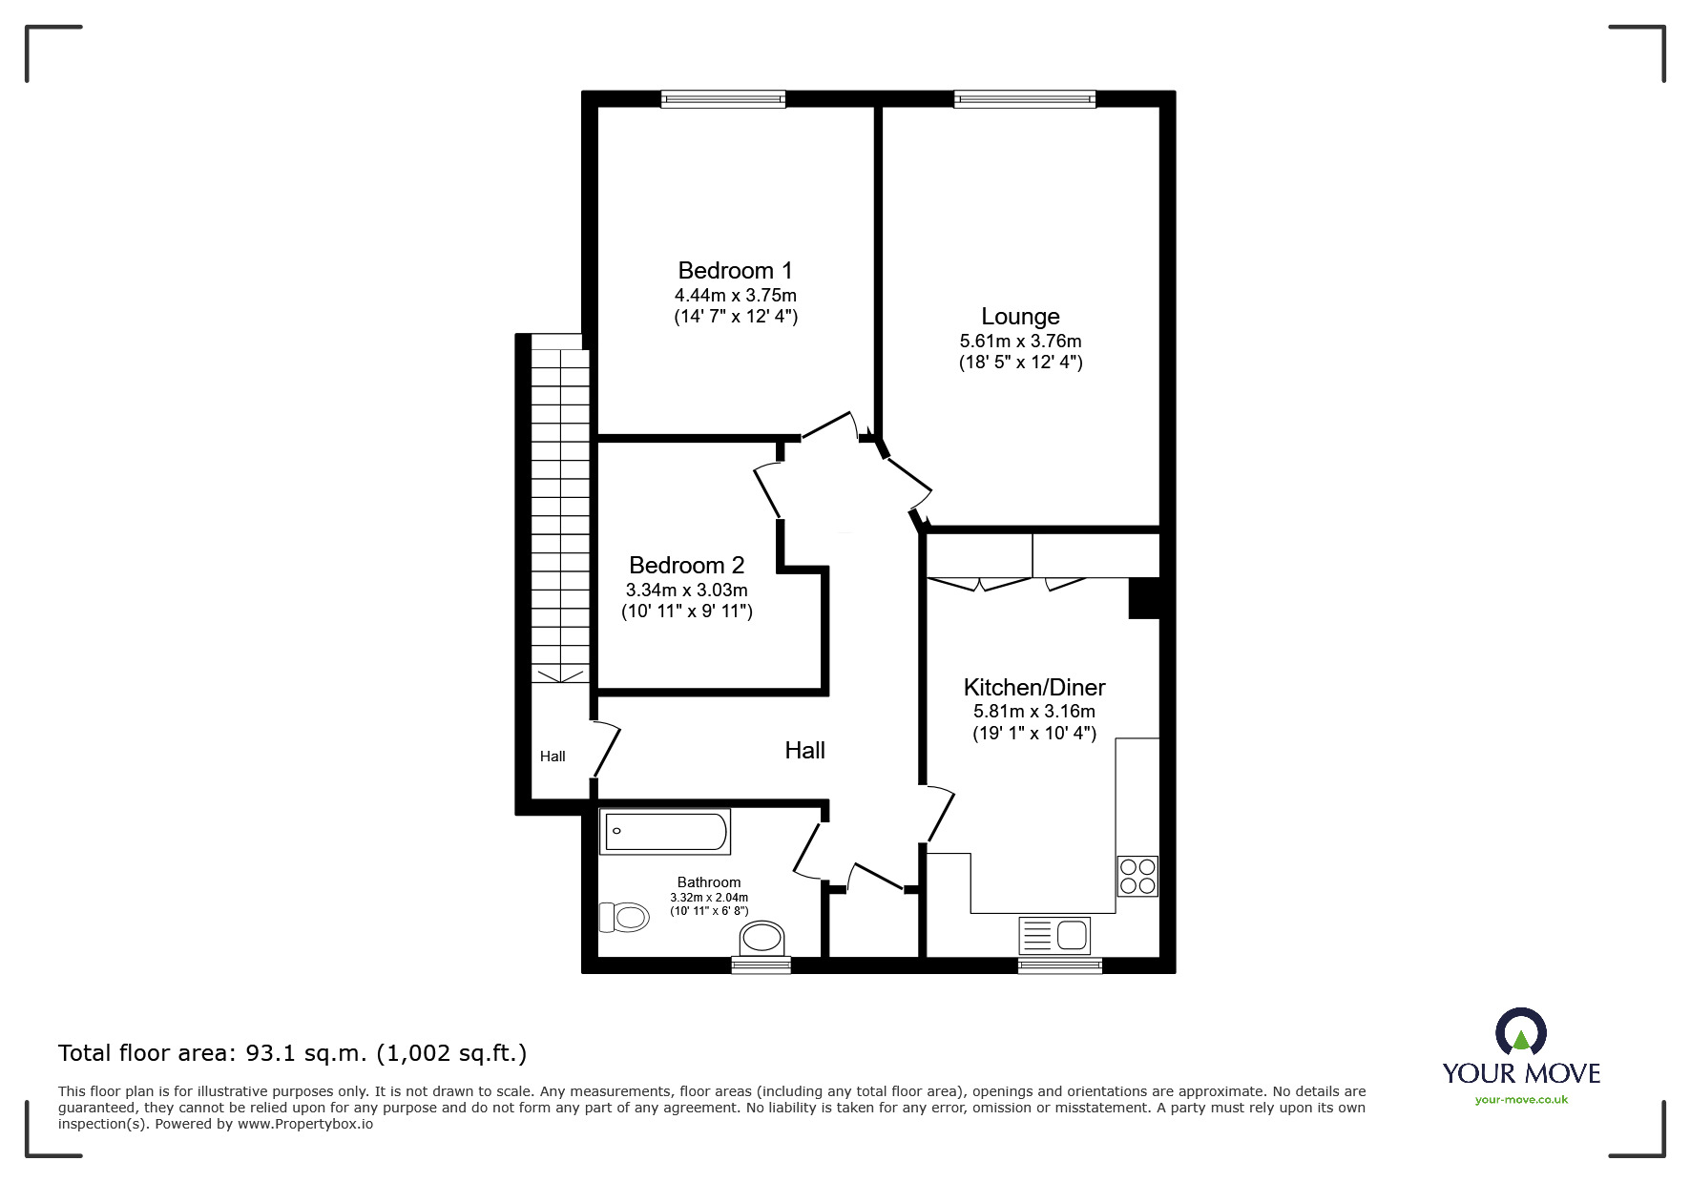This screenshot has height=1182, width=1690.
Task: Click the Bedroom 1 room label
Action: click(x=735, y=270)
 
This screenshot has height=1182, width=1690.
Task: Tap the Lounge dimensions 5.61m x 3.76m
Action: click(x=1020, y=341)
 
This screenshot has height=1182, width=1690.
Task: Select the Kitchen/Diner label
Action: click(x=1033, y=687)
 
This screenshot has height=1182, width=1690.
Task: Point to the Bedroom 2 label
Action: click(x=686, y=565)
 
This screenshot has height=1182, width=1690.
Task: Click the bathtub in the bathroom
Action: click(x=665, y=832)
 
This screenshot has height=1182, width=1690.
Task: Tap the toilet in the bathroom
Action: click(x=624, y=918)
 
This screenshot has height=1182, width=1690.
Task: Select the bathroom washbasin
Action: click(x=762, y=937)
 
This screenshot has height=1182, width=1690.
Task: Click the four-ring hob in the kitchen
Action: click(x=1137, y=876)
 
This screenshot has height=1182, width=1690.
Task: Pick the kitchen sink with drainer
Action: click(x=1054, y=936)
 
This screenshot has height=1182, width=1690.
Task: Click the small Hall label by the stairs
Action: click(x=553, y=757)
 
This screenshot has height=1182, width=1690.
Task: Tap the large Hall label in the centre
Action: click(x=804, y=751)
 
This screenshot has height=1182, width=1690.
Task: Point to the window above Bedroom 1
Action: click(x=722, y=98)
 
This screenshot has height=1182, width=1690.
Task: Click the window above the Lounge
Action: click(x=1024, y=98)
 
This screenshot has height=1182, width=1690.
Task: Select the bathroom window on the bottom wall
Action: click(x=761, y=965)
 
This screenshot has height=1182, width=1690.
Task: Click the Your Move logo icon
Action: click(x=1520, y=1034)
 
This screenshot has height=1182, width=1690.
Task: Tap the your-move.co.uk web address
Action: click(x=1521, y=1100)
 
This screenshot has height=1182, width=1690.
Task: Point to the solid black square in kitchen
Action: click(x=1143, y=598)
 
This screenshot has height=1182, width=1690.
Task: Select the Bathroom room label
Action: click(x=709, y=882)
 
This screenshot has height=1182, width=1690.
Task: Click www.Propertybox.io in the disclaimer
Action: click(x=305, y=1124)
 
